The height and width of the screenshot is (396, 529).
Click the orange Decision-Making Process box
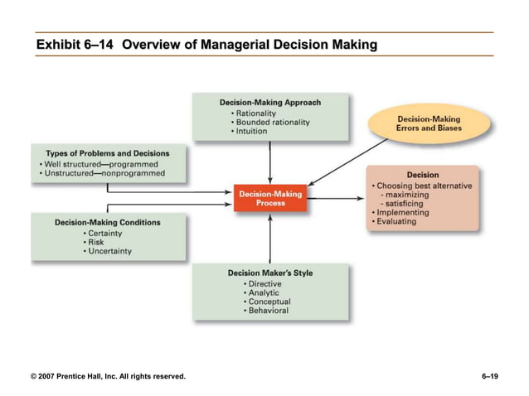[x=270, y=198]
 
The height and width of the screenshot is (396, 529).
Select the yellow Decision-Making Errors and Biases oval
[x=429, y=123]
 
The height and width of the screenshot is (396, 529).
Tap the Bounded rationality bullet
[x=273, y=122]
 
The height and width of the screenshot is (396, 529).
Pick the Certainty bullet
[x=105, y=233]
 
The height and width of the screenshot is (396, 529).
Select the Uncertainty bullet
[x=109, y=251]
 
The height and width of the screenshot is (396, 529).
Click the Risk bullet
[x=99, y=242]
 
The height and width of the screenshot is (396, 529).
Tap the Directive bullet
[x=263, y=284]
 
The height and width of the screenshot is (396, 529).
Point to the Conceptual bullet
[x=267, y=302]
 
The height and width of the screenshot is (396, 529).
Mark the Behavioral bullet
[x=266, y=311]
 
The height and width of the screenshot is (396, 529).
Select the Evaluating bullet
[x=395, y=221]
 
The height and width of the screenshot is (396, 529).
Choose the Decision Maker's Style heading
[x=270, y=273]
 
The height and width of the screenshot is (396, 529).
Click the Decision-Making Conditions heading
[x=108, y=222]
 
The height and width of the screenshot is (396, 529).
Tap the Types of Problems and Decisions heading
[x=107, y=153]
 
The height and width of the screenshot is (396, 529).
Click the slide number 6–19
[x=489, y=377]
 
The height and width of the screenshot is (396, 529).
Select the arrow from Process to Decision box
[x=336, y=197]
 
